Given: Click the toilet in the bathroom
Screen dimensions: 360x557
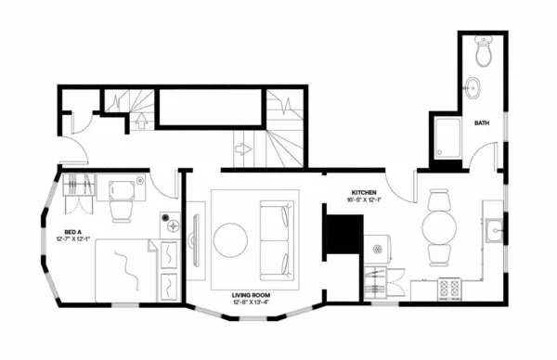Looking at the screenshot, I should (x=483, y=53).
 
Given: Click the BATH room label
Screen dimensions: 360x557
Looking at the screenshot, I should (x=482, y=123).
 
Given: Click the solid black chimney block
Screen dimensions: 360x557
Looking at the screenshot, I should (x=343, y=234).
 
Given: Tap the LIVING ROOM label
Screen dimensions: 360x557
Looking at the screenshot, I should (x=251, y=294).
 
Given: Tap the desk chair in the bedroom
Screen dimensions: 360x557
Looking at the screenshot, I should (x=122, y=210).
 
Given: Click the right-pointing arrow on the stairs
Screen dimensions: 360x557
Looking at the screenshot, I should (x=244, y=148).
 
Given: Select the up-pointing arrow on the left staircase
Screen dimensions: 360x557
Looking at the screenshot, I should (x=141, y=118).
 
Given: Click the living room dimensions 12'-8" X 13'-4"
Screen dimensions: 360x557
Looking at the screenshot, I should (x=251, y=302).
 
